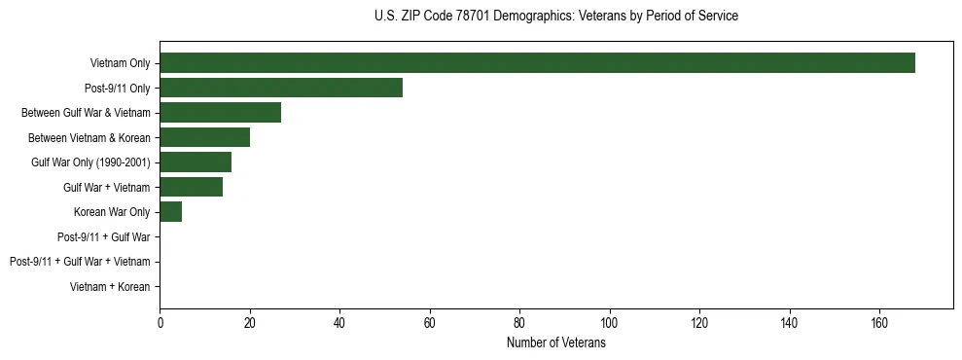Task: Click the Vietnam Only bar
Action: (x=537, y=63)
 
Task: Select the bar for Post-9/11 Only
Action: (x=281, y=88)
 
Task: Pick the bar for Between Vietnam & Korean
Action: (x=204, y=137)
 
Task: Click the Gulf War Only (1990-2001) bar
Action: (x=196, y=162)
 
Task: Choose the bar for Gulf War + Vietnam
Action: (x=191, y=187)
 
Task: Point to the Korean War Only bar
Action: (x=170, y=212)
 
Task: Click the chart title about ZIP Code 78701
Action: (x=555, y=17)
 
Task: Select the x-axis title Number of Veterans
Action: (x=555, y=343)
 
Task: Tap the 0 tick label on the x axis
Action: (x=160, y=323)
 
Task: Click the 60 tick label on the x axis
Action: (x=429, y=323)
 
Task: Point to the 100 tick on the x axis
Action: (x=609, y=323)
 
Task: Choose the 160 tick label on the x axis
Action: (x=879, y=323)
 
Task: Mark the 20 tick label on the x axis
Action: (x=249, y=323)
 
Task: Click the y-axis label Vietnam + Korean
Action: (x=110, y=287)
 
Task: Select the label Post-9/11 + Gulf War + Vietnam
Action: (x=80, y=262)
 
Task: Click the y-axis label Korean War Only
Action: (x=111, y=212)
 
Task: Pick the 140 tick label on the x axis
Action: (x=789, y=323)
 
